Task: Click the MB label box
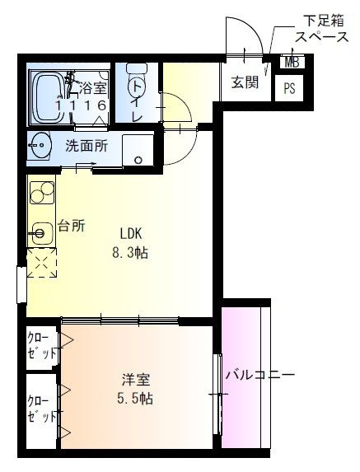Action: pyautogui.click(x=292, y=63)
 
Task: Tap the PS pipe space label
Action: pyautogui.click(x=289, y=88)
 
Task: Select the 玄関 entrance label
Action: pyautogui.click(x=245, y=82)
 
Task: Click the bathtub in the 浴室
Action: pyautogui.click(x=48, y=97)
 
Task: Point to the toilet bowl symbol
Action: pyautogui.click(x=137, y=82)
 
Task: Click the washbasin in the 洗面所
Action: pyautogui.click(x=40, y=146)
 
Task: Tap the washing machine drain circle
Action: pyautogui.click(x=138, y=160)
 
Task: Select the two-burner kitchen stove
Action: pyautogui.click(x=42, y=193)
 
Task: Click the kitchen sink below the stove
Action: pyautogui.click(x=40, y=233)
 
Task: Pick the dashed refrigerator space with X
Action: pyautogui.click(x=42, y=263)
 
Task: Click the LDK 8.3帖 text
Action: pyautogui.click(x=130, y=243)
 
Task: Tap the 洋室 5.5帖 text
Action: pyautogui.click(x=135, y=389)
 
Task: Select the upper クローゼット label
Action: pyautogui.click(x=42, y=346)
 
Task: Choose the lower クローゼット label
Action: pyautogui.click(x=42, y=409)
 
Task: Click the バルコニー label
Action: pyautogui.click(x=260, y=375)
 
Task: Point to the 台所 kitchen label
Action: pyautogui.click(x=72, y=225)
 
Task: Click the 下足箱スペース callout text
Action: pyautogui.click(x=321, y=30)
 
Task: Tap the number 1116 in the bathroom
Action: pyautogui.click(x=82, y=105)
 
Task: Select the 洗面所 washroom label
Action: pyautogui.click(x=86, y=146)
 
